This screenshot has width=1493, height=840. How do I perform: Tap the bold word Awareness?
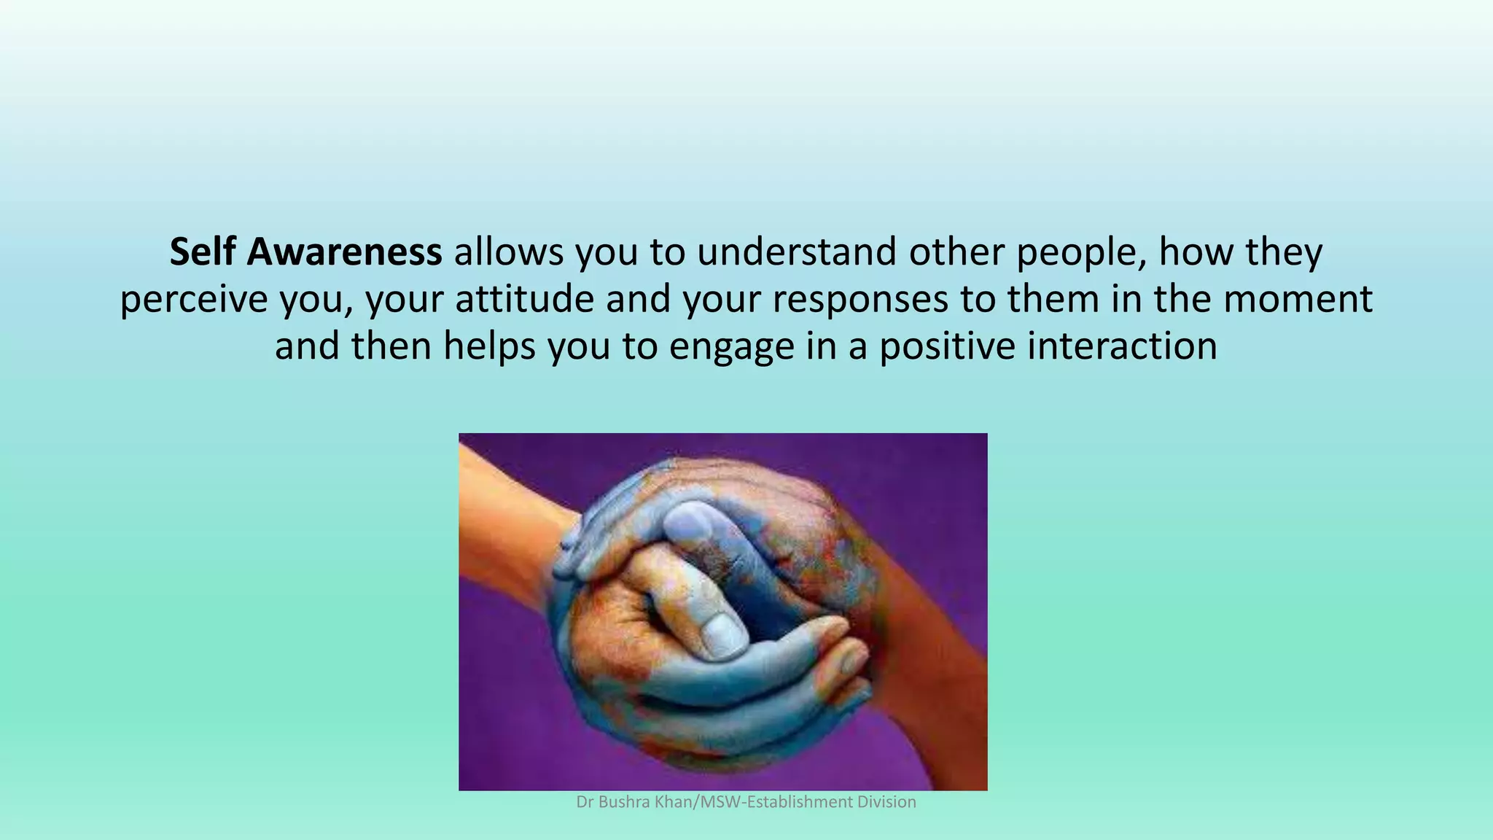tap(344, 252)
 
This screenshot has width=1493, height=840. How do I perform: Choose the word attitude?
tap(525, 299)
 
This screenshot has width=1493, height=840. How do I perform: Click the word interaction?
tap(1122, 346)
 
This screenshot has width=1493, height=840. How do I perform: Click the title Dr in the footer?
tap(584, 802)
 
